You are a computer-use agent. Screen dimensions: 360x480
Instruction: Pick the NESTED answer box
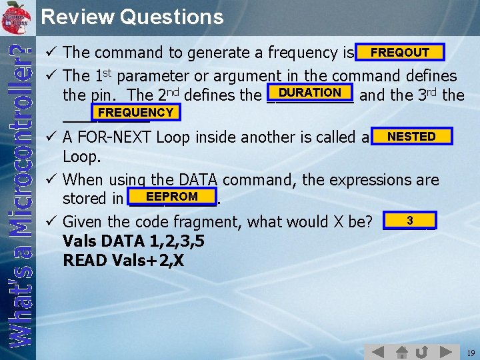411,137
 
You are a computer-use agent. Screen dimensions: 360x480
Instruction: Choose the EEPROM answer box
172,197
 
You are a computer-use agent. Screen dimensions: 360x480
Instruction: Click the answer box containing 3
409,221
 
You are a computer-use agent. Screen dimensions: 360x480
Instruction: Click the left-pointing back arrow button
377,351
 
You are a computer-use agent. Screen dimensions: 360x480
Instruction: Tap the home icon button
401,351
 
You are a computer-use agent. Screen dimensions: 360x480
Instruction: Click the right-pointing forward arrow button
445,351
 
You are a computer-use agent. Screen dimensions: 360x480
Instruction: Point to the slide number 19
471,352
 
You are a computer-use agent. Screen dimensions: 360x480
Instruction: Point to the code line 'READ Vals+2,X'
123,260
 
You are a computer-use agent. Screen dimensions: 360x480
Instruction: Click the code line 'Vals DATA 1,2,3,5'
133,241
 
